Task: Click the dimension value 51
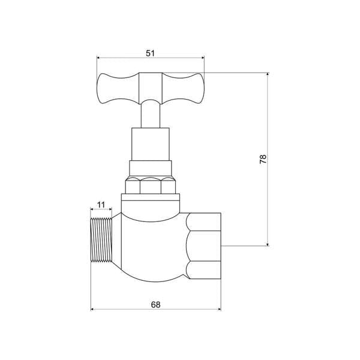coord(150,53)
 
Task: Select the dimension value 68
coord(155,305)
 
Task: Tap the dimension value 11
coord(101,205)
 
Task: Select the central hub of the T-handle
coord(150,88)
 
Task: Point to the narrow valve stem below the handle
coord(150,115)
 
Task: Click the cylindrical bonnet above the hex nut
coord(150,144)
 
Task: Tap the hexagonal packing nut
coord(150,185)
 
